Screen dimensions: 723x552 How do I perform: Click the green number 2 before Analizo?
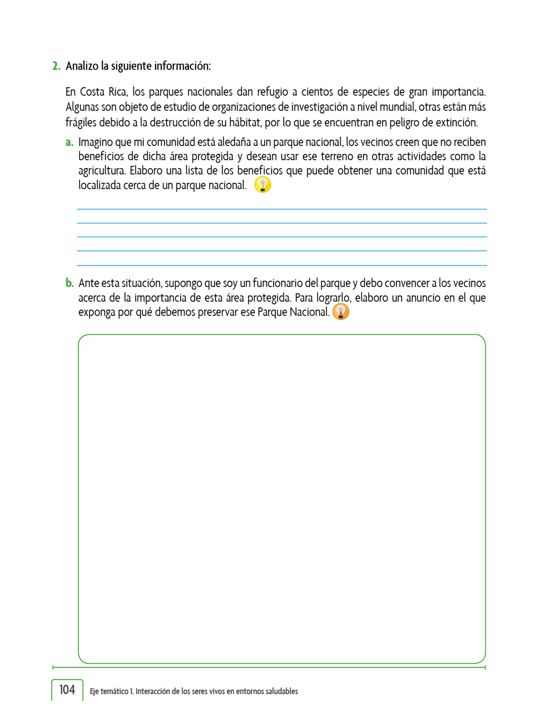tap(56, 66)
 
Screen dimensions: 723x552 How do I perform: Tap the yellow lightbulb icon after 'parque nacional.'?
tap(263, 185)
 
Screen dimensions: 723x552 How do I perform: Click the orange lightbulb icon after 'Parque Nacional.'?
tap(341, 312)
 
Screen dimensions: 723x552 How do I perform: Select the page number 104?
tap(67, 689)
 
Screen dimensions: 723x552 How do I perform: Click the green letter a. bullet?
tap(70, 143)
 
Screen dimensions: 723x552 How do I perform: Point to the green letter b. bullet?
tap(70, 283)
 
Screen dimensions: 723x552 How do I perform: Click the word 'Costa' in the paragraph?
tap(92, 92)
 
